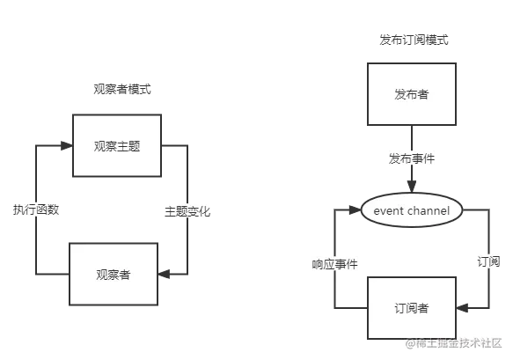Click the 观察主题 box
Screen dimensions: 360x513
click(117, 145)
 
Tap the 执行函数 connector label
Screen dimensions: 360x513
click(38, 211)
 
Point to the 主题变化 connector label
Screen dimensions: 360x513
click(187, 211)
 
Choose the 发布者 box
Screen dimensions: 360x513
click(412, 94)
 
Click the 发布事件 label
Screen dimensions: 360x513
click(412, 159)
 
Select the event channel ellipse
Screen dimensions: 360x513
click(412, 211)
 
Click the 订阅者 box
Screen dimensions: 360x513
click(412, 307)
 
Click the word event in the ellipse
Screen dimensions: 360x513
click(389, 211)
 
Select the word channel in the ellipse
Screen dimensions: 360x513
click(429, 211)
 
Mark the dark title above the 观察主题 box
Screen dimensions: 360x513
click(123, 88)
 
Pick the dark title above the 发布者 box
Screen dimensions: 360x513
click(411, 39)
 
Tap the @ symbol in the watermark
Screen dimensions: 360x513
click(408, 343)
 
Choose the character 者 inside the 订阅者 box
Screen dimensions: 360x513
click(423, 307)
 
